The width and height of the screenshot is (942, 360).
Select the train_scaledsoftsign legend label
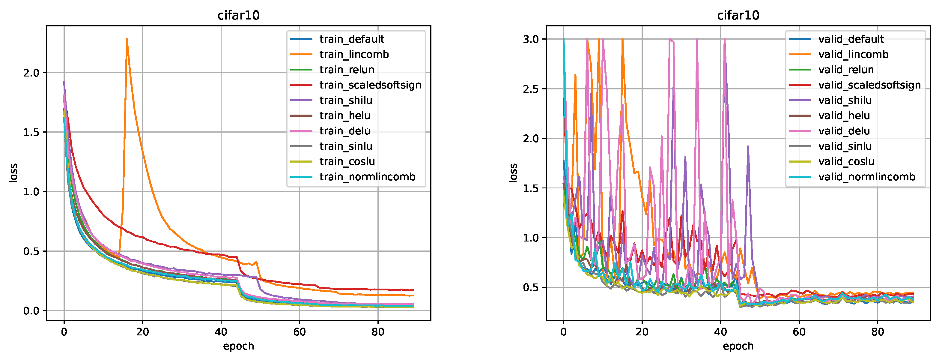point(370,85)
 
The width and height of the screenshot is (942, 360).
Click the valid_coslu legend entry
point(846,161)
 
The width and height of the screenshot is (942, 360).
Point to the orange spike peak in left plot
point(127,39)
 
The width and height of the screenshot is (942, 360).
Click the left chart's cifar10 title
point(238,15)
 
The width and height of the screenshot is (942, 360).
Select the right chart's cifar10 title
point(738,15)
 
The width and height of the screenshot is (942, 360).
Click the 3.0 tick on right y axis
point(531,39)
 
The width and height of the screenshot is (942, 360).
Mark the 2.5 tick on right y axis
point(531,89)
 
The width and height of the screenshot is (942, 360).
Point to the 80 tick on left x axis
point(378,332)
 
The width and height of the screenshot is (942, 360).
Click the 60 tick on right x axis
point(799,332)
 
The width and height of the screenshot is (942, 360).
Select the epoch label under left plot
point(238,346)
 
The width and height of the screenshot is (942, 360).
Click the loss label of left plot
point(13,173)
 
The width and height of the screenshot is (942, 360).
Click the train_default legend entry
point(351,39)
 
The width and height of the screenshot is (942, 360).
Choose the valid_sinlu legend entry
point(845,146)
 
